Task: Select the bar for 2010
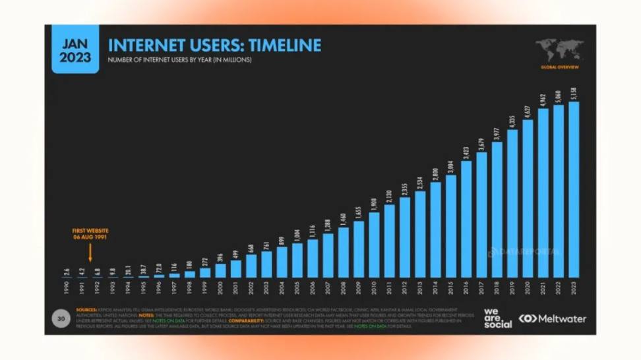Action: pyautogui.click(x=375, y=244)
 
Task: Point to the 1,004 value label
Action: pyautogui.click(x=297, y=234)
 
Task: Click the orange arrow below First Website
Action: pyautogui.click(x=90, y=251)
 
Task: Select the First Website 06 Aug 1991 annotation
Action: pyautogui.click(x=90, y=233)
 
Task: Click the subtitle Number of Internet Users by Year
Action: pyautogui.click(x=179, y=60)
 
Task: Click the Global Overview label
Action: pyautogui.click(x=560, y=67)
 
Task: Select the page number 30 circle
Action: pyautogui.click(x=61, y=319)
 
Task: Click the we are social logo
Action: pyautogui.click(x=497, y=318)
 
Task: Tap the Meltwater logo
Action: pyautogui.click(x=553, y=319)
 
